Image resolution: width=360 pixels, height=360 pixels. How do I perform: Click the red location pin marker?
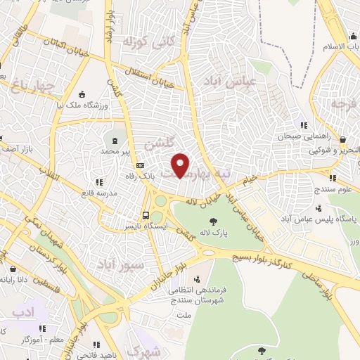coord(181,165)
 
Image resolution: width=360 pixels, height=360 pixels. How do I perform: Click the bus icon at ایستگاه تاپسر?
coord(146,215)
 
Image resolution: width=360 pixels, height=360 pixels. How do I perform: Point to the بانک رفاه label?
coord(160,167)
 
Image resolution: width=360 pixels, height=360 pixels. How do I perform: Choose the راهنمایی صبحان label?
coord(302,137)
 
